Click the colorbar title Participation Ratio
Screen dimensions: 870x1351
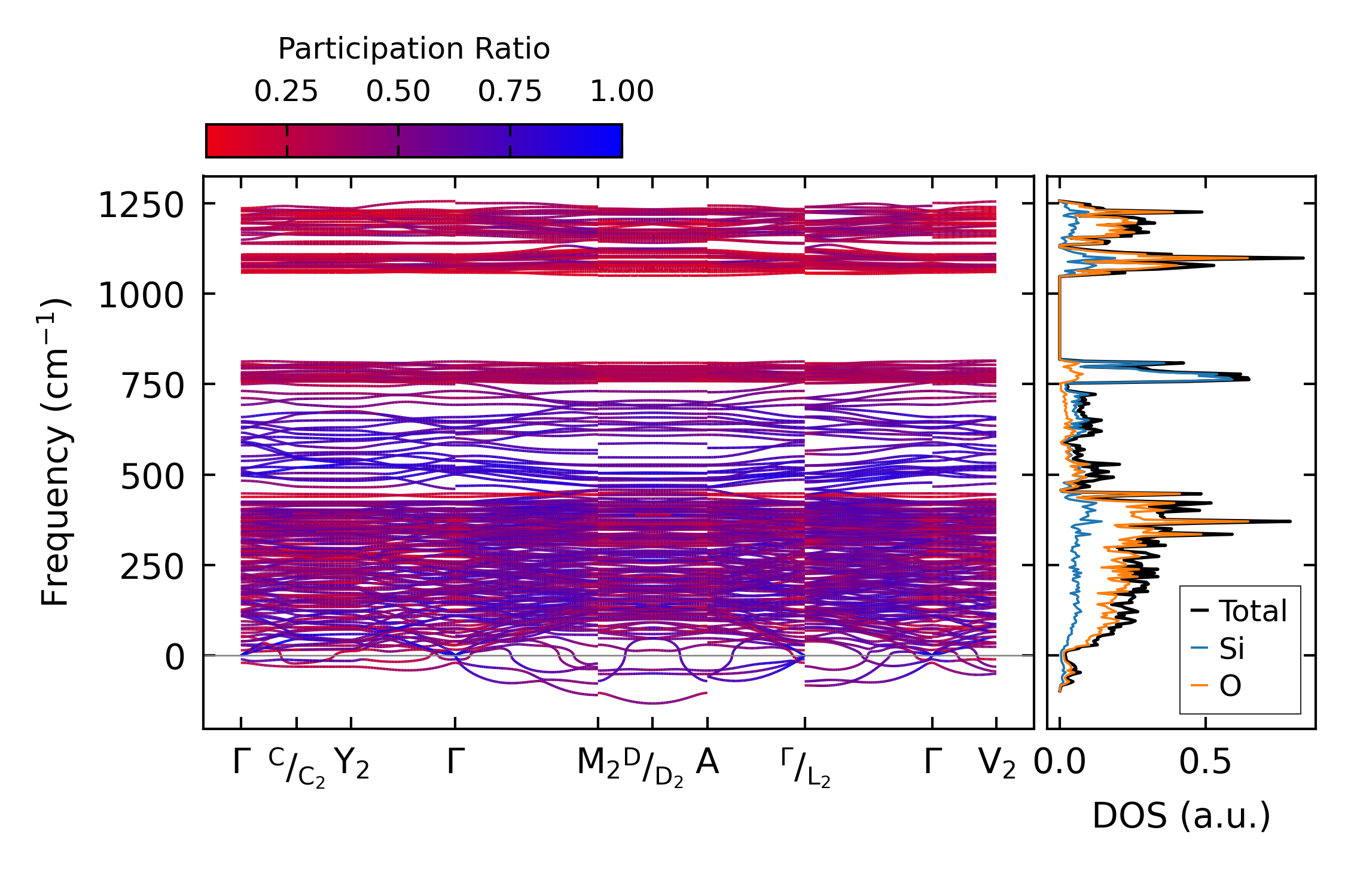[x=414, y=49]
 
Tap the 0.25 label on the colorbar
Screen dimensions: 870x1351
[x=286, y=91]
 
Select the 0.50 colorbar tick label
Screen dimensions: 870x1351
[x=398, y=91]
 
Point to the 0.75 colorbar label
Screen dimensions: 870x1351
[x=510, y=91]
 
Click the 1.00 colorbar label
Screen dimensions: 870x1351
[x=621, y=91]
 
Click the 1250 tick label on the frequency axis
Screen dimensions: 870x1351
[x=141, y=206]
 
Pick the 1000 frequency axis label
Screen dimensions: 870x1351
[x=141, y=296]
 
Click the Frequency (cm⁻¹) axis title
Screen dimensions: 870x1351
[x=55, y=452]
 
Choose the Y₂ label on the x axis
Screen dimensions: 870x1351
[x=352, y=764]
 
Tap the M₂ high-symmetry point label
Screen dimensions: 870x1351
[x=598, y=764]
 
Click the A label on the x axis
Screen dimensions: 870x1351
[x=707, y=762]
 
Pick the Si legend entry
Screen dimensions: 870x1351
[x=1232, y=648]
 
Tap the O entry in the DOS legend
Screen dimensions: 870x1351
[x=1230, y=686]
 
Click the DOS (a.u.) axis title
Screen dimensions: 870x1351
[x=1181, y=816]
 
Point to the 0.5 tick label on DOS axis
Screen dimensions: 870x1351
[x=1204, y=763]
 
